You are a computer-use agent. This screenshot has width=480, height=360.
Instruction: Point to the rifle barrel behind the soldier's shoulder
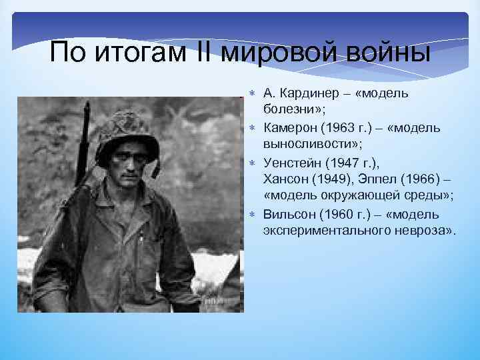click(x=85, y=140)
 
